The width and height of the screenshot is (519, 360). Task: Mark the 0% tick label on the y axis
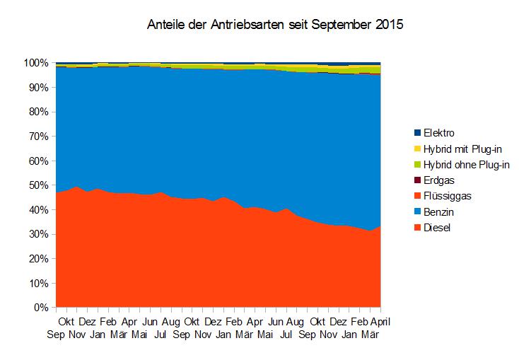[42, 308]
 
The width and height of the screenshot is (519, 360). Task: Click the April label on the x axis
[380, 322]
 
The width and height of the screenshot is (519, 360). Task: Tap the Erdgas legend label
[439, 180]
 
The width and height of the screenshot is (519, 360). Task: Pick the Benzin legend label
[439, 211]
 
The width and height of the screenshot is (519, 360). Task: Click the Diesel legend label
[438, 228]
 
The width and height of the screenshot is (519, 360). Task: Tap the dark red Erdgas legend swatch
[417, 180]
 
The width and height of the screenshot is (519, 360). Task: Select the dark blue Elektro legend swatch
[417, 133]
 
